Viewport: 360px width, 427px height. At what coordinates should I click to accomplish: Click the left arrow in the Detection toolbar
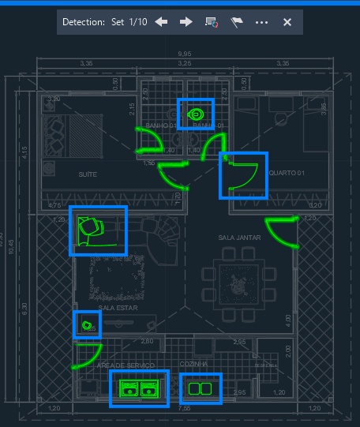pyautogui.click(x=161, y=22)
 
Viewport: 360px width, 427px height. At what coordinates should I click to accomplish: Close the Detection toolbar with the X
pyautogui.click(x=287, y=22)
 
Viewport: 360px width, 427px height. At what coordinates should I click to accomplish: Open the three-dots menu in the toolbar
pyautogui.click(x=262, y=22)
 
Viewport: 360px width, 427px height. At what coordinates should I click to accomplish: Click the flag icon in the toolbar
pyautogui.click(x=236, y=22)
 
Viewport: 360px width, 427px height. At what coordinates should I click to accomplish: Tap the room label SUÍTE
pyautogui.click(x=87, y=174)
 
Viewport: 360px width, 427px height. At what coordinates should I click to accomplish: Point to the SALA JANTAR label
pyautogui.click(x=239, y=237)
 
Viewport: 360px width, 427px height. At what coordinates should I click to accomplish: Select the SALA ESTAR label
pyautogui.click(x=118, y=308)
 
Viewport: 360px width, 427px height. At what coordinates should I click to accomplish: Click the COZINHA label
pyautogui.click(x=193, y=364)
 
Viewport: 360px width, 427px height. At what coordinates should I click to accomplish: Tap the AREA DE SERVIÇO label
pyautogui.click(x=122, y=365)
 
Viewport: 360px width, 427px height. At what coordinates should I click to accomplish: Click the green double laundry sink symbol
pyautogui.click(x=139, y=388)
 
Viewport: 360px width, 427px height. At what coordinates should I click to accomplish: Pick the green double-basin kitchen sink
pyautogui.click(x=200, y=388)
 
